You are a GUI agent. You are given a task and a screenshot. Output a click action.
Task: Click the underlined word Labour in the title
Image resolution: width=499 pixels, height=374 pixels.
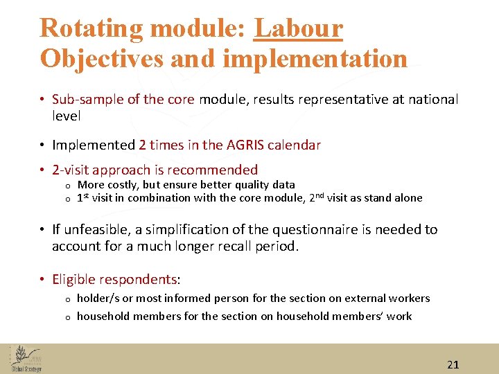pos(299,28)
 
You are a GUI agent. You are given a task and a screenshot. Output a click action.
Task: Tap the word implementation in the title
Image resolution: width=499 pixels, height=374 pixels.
pos(315,58)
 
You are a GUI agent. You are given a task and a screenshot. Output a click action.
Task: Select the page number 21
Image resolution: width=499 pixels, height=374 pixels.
pos(453,365)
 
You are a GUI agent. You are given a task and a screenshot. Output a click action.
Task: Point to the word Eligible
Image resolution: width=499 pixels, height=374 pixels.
pos(73,280)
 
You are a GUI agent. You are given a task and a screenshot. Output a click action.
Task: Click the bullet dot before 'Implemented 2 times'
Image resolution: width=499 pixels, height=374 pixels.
pos(43,145)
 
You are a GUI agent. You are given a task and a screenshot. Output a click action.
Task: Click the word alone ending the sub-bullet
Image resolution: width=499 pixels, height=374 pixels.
pos(408,198)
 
